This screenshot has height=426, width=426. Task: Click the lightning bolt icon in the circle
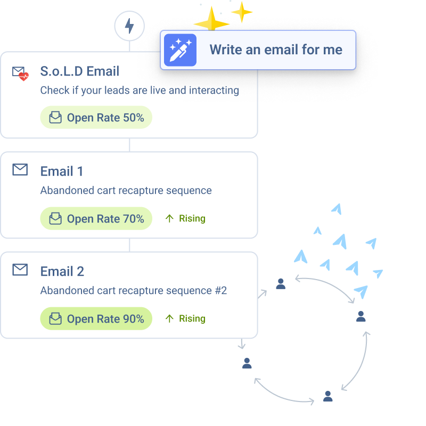click(x=129, y=26)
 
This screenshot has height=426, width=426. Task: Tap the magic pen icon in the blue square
click(x=180, y=50)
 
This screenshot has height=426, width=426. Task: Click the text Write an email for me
click(x=276, y=50)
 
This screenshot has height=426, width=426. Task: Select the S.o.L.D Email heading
click(x=80, y=71)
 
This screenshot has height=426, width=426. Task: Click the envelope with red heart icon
click(x=20, y=73)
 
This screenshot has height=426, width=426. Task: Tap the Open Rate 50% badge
click(x=96, y=118)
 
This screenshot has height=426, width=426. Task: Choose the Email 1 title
click(x=62, y=171)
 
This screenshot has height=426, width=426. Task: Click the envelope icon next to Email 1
click(x=20, y=170)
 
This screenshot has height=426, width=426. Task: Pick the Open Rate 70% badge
click(x=96, y=218)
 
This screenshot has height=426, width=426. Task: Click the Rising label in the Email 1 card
click(x=185, y=218)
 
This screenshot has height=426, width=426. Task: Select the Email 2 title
click(x=62, y=272)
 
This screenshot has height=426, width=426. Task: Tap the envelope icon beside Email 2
click(x=20, y=270)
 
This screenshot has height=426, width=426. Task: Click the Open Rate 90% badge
click(x=96, y=318)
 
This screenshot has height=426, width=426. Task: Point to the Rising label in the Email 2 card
click(x=185, y=318)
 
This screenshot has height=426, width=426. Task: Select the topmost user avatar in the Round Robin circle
click(x=281, y=283)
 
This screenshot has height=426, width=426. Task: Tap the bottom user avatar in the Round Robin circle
click(x=328, y=396)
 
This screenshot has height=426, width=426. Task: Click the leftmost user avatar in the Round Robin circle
click(x=247, y=363)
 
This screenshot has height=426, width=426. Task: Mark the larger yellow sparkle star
click(x=211, y=22)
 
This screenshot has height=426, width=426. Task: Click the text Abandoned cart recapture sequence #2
click(x=134, y=291)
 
